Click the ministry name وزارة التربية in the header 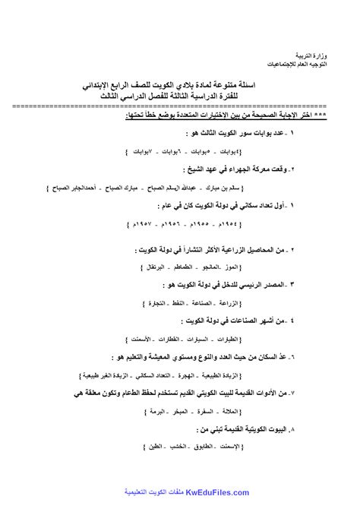[330, 57]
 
